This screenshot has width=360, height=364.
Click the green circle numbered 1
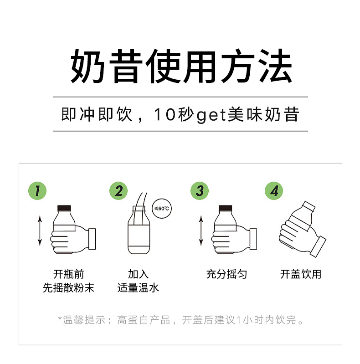[x=38, y=191]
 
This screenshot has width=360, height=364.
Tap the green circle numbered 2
[x=118, y=191]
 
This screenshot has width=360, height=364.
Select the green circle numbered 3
[x=200, y=191]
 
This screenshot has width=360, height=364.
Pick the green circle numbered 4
[x=274, y=191]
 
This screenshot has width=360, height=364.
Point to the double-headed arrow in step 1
[x=40, y=231]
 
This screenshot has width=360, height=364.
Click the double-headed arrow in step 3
[x=201, y=231]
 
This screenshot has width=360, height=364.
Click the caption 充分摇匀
[x=226, y=274]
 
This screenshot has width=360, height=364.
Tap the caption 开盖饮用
[x=301, y=274]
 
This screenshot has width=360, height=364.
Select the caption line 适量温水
[x=138, y=288]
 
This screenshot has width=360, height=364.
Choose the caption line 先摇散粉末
[x=68, y=288]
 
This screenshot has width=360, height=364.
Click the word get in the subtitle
[x=211, y=115]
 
